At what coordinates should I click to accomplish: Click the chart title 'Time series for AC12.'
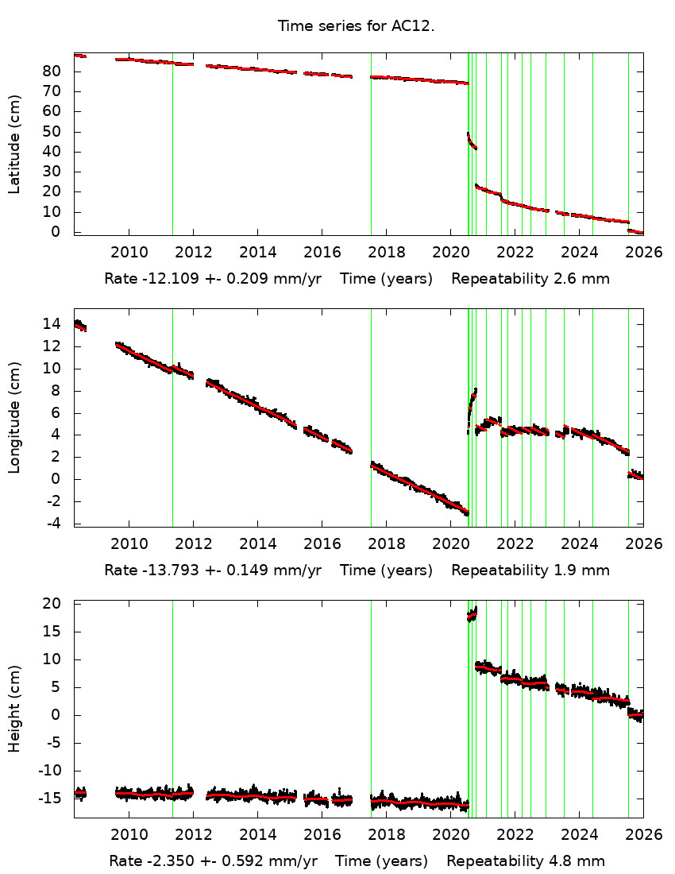click(356, 25)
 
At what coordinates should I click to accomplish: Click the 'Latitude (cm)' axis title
click(14, 144)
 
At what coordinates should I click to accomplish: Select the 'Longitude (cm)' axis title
click(14, 418)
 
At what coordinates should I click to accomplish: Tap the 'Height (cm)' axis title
click(14, 710)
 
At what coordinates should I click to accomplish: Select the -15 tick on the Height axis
click(52, 799)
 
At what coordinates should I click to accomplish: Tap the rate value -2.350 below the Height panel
click(169, 860)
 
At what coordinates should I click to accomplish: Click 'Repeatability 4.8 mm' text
click(526, 860)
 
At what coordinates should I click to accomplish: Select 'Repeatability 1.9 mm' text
click(530, 570)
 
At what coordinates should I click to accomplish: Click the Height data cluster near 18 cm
click(472, 615)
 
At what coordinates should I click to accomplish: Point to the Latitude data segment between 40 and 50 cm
click(472, 141)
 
